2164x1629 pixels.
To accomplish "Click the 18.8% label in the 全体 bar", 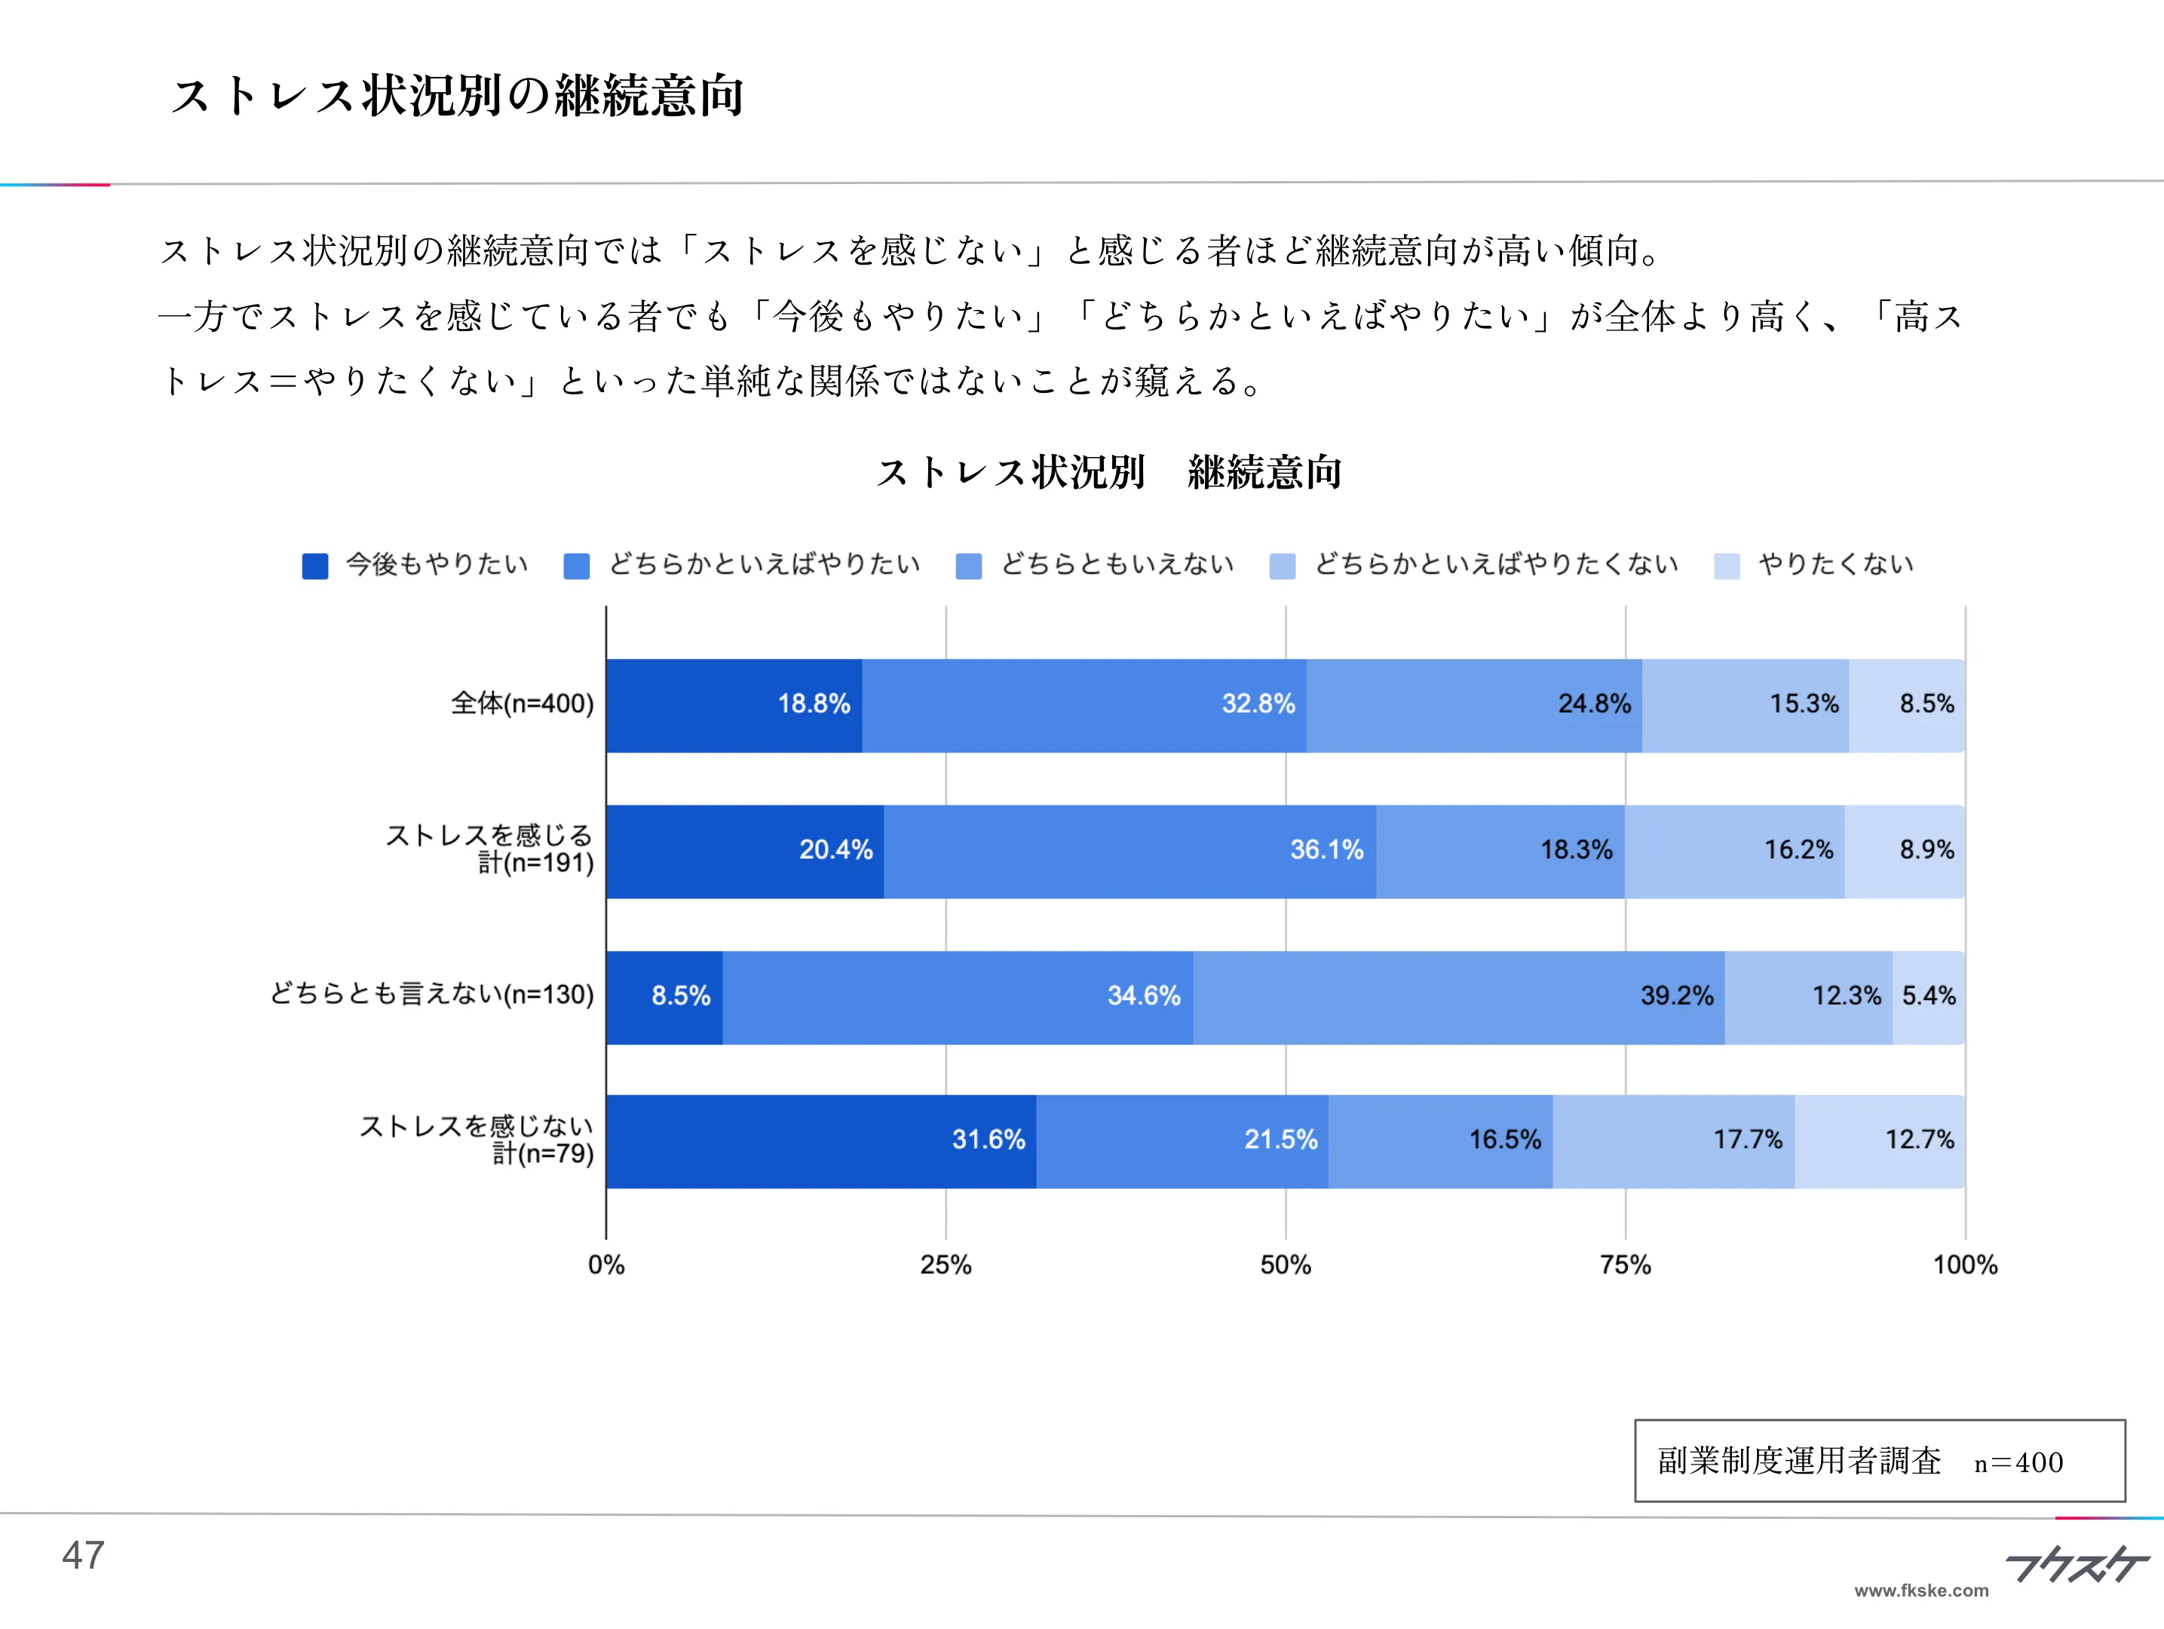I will coord(813,704).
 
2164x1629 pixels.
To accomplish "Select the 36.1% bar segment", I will coord(1130,850).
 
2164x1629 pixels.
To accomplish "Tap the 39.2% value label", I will coord(1676,996).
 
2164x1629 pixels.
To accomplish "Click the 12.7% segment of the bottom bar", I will coord(1879,1141).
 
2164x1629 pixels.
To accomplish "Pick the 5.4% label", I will coord(1928,996).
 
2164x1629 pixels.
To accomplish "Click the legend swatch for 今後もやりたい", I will coord(315,566).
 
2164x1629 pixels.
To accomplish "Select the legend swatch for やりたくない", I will coord(1727,566).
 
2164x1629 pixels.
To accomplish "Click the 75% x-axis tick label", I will coord(1625,1265).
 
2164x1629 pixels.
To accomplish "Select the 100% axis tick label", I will coord(1964,1265).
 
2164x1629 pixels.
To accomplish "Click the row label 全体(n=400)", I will coord(522,704).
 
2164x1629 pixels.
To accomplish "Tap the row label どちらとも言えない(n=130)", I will coord(431,994).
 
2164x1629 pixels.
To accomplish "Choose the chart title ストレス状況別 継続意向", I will coord(1108,473).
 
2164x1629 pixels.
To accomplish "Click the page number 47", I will coord(83,1554).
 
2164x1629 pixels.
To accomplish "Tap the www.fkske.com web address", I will coord(1920,1591).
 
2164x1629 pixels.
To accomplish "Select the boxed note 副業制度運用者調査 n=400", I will coord(1878,1461).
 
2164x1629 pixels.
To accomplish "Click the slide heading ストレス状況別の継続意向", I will coord(457,96).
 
